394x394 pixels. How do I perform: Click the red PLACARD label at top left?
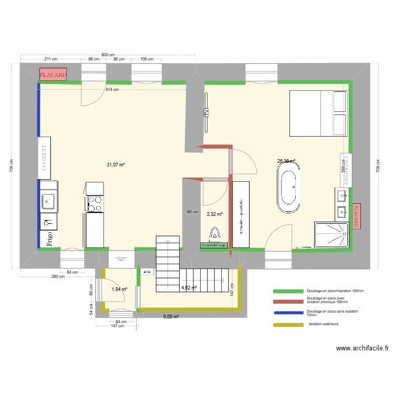(x=53, y=75)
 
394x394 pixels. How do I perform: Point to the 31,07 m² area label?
(x=116, y=165)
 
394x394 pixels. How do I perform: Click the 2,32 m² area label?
(x=214, y=214)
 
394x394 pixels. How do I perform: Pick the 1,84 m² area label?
(x=119, y=289)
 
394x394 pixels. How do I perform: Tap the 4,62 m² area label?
(x=189, y=288)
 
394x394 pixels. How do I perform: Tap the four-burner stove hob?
(x=95, y=203)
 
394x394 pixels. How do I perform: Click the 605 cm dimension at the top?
(x=108, y=55)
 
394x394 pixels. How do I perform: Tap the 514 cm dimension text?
(x=111, y=89)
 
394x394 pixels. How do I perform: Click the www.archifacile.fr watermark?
(x=362, y=348)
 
